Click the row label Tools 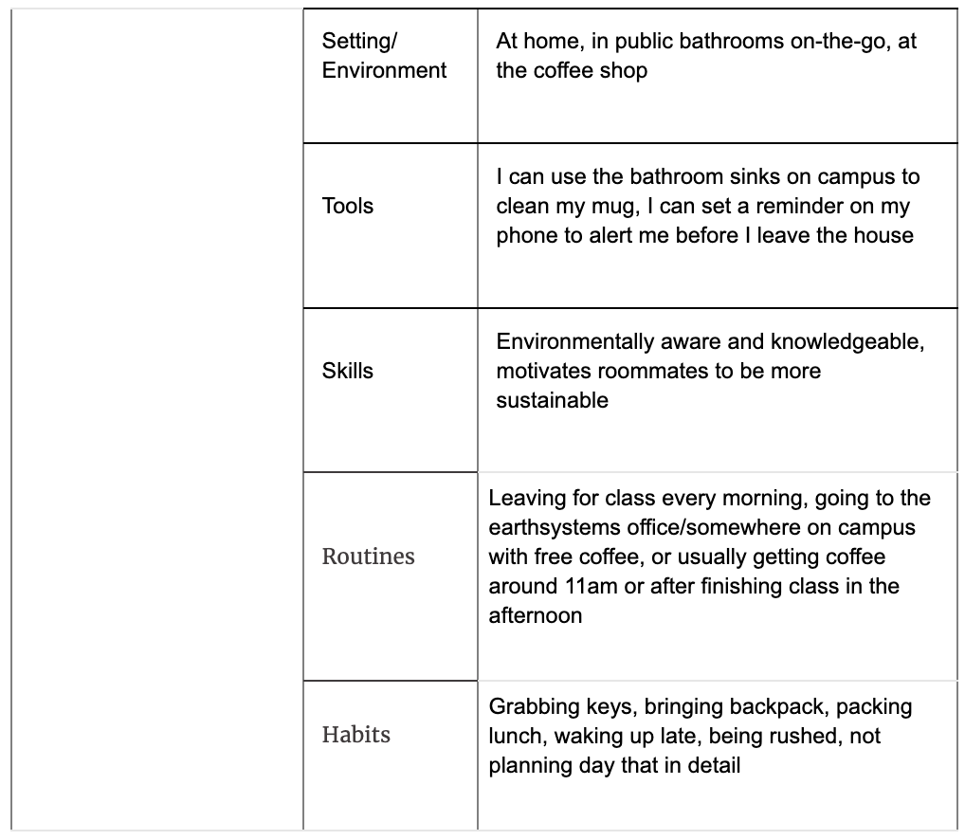coord(348,206)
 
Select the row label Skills coord(348,371)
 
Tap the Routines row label coord(368,557)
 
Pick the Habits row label coord(355,735)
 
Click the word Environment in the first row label coord(384,70)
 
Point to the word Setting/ coord(360,41)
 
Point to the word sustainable coord(552,400)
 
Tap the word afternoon coord(535,615)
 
